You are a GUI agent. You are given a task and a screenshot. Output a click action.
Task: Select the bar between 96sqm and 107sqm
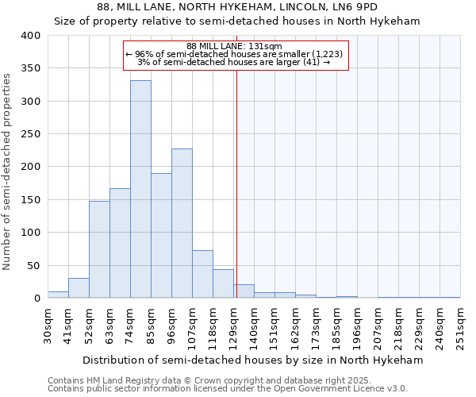pos(182,223)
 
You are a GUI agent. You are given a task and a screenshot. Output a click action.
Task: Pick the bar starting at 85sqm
pos(161,236)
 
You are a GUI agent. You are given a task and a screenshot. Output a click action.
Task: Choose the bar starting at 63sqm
pos(120,243)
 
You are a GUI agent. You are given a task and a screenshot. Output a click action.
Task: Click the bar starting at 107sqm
pos(202,274)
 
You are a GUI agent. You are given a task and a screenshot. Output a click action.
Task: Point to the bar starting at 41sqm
pos(79,288)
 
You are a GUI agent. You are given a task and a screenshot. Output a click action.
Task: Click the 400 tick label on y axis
pos(30,36)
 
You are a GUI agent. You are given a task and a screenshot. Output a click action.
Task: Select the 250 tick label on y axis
pos(30,134)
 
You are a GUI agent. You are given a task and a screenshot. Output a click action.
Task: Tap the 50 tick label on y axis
pos(33,265)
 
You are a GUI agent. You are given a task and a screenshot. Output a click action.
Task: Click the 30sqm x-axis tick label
pos(48,324)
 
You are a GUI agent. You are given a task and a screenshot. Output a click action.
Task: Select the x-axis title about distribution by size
pos(253,360)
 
